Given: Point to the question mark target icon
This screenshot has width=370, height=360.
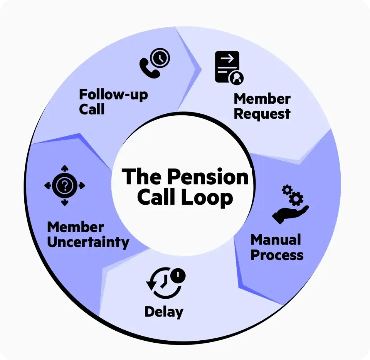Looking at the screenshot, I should [65, 186].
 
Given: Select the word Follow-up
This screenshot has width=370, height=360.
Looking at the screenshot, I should [113, 94].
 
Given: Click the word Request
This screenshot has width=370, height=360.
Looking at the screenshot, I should [262, 114].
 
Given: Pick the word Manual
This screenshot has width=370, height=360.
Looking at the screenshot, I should [275, 240].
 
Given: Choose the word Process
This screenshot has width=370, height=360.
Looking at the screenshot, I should [277, 255].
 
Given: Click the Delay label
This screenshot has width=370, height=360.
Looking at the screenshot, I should [164, 311].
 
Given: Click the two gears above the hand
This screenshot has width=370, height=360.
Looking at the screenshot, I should [293, 194].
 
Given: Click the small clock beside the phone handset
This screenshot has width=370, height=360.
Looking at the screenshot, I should [160, 58].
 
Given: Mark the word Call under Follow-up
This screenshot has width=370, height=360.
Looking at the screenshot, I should [92, 109].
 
